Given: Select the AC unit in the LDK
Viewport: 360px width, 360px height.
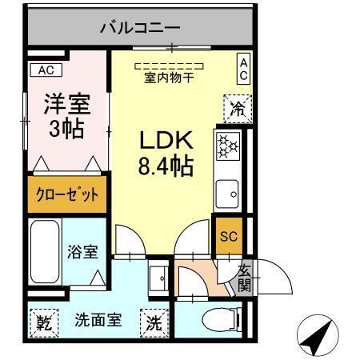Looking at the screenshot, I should point(242,68).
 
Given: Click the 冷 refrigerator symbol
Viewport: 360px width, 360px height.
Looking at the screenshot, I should point(238,108).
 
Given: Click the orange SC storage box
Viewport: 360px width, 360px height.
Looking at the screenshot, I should point(227,235).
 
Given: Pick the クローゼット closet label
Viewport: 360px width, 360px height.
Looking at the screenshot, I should point(66,195).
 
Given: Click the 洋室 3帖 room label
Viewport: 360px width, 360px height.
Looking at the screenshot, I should point(66,116).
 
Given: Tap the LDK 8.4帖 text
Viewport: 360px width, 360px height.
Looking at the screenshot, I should point(167,154).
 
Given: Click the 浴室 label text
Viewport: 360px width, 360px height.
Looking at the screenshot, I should point(83,252).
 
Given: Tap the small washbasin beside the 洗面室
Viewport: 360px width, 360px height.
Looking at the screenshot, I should point(162,277).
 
